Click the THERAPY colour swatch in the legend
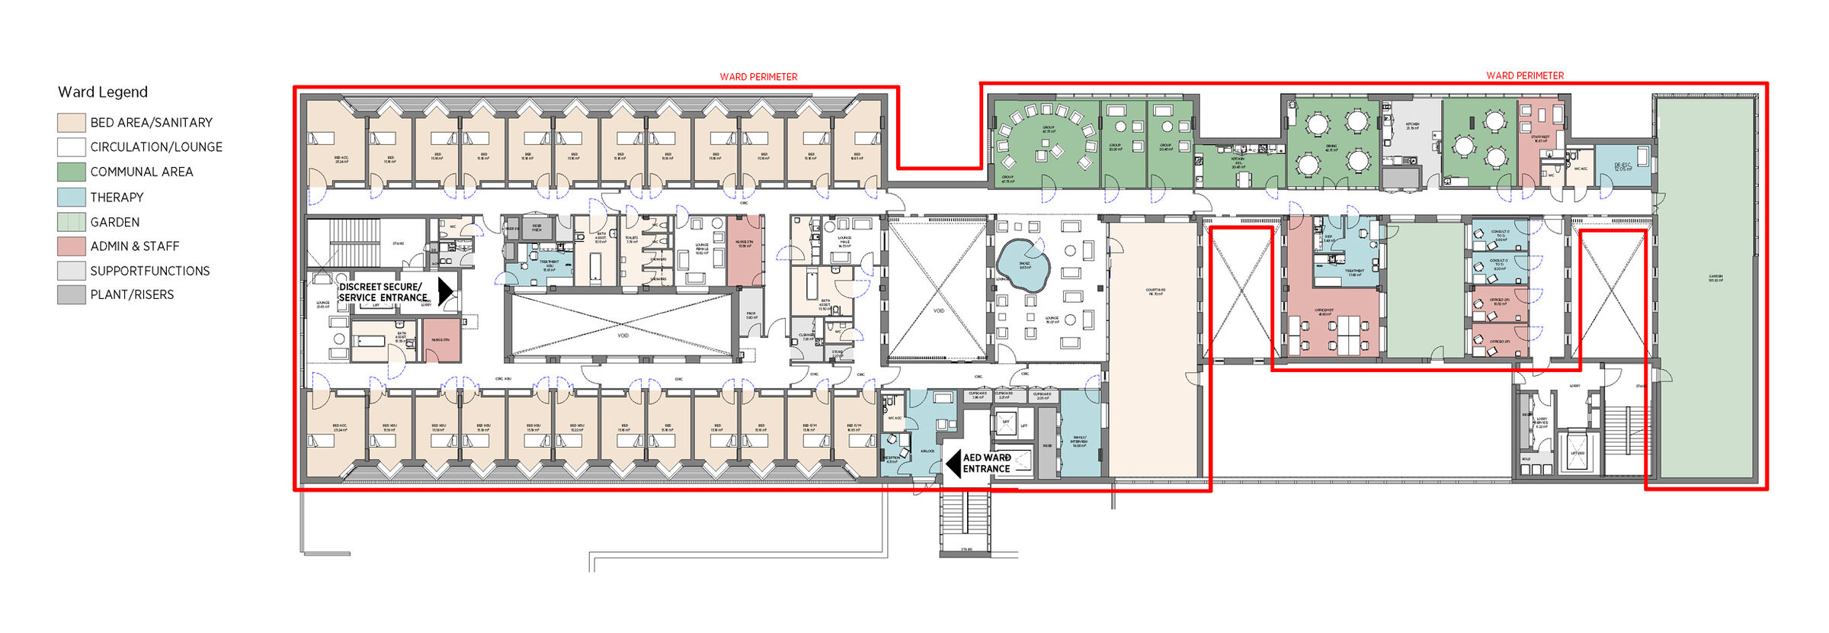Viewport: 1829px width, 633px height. (x=71, y=197)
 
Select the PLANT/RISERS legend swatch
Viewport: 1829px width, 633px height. (x=71, y=294)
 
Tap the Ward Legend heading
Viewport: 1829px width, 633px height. (x=103, y=92)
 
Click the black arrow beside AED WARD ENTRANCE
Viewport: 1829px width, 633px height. (x=953, y=463)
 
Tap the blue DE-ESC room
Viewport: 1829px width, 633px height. (x=1623, y=165)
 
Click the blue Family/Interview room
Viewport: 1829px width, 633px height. (x=1079, y=435)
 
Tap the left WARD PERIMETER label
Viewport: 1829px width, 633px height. (x=758, y=77)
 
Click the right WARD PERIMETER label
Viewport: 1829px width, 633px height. (x=1524, y=76)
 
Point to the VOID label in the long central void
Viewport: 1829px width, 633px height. (x=623, y=336)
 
